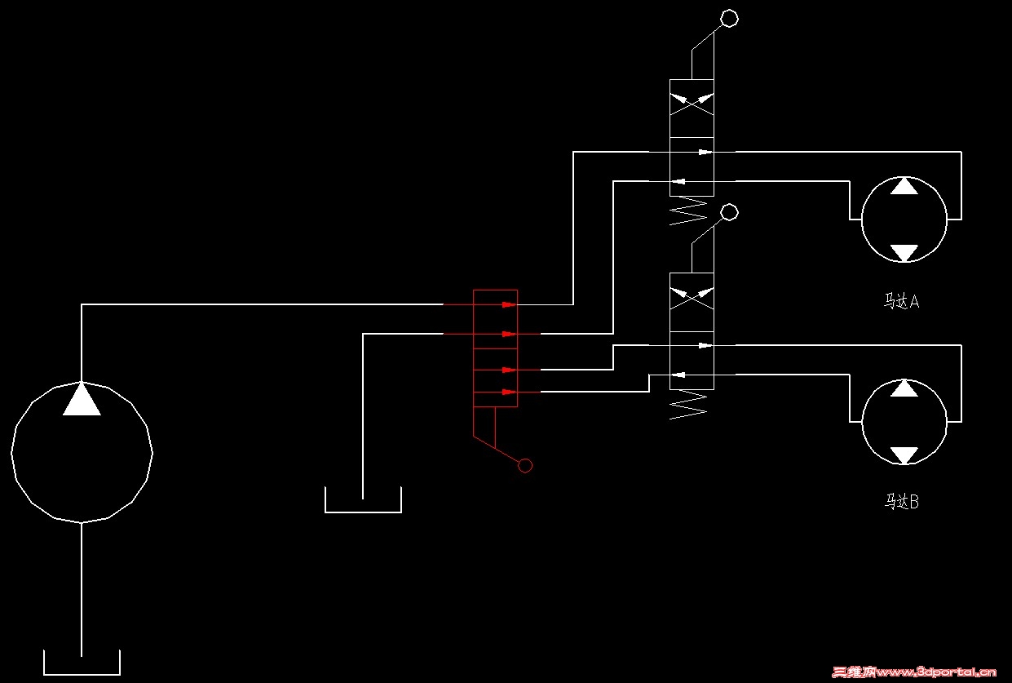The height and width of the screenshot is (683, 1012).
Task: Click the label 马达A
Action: tap(902, 302)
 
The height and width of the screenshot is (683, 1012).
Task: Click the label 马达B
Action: tap(902, 502)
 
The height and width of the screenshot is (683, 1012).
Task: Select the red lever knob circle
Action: tap(525, 465)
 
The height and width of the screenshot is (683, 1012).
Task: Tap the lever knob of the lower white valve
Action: tap(730, 212)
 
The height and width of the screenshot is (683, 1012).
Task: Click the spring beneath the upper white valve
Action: tap(687, 211)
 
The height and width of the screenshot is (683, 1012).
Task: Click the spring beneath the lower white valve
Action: tap(687, 405)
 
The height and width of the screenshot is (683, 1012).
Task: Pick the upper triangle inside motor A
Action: tap(904, 186)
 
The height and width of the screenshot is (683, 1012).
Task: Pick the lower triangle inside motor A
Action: tap(904, 252)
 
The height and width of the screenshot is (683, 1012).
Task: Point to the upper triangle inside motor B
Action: tap(904, 388)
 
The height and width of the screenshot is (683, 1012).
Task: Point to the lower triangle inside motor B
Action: tap(904, 455)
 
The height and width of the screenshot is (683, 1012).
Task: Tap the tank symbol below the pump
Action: tap(82, 663)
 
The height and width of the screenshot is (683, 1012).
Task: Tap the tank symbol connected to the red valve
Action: tap(363, 500)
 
